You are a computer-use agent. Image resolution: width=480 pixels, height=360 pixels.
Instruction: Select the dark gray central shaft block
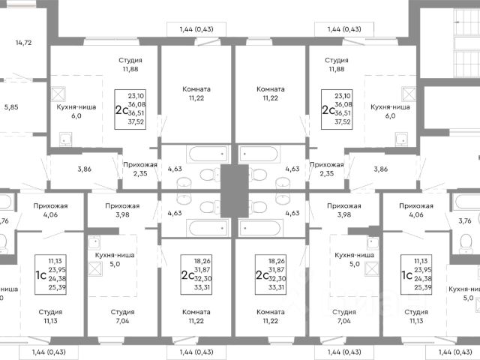(x=234, y=187)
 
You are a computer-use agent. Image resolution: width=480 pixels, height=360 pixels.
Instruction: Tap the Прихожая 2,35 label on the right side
(x=326, y=169)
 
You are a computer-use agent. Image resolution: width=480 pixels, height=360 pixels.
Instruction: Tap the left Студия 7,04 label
(x=122, y=316)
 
